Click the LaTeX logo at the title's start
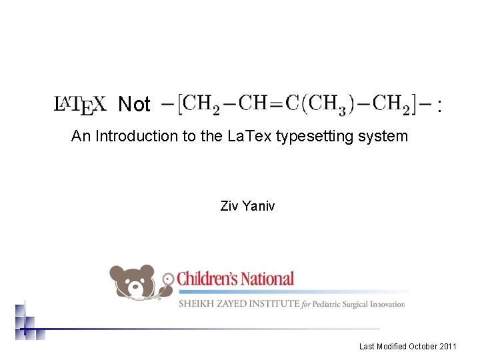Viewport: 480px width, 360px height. (79, 105)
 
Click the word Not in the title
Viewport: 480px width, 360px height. (134, 105)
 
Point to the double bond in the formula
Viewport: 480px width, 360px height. (277, 103)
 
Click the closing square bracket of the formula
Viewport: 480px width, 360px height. (415, 103)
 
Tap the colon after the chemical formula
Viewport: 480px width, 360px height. (439, 105)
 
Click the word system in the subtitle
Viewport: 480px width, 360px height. (385, 137)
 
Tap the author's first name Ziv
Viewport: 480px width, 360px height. (229, 206)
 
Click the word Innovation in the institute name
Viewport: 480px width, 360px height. (383, 304)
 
